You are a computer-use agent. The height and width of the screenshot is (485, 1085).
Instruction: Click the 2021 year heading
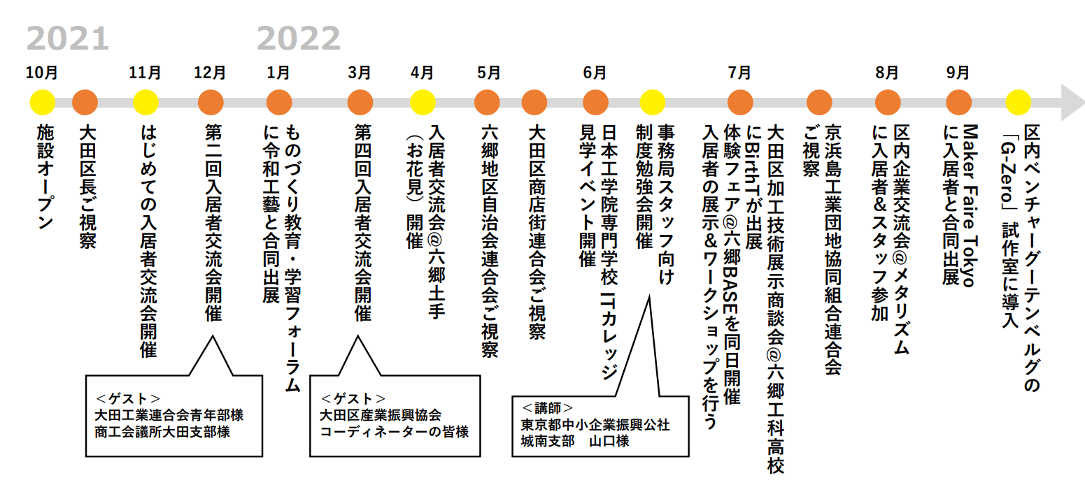(x=68, y=38)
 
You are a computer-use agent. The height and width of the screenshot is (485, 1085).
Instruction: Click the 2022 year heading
(x=299, y=38)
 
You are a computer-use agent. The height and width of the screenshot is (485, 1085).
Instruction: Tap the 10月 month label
(x=42, y=73)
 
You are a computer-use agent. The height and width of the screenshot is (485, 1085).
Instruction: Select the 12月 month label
(x=210, y=73)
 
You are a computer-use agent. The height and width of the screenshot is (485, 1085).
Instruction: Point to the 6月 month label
(x=595, y=73)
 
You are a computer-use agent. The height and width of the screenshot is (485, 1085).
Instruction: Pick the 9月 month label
(x=958, y=73)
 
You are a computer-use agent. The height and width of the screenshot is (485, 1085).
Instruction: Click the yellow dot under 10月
(x=43, y=103)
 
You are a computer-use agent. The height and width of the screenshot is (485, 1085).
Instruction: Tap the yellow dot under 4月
(x=423, y=103)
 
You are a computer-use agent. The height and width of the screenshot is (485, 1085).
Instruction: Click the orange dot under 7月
(x=740, y=103)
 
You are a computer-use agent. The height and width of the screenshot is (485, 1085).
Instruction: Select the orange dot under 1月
(x=279, y=103)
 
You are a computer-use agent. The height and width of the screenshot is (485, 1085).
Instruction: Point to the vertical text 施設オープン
(x=45, y=177)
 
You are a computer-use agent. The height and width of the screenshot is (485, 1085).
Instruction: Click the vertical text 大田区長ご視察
(x=87, y=187)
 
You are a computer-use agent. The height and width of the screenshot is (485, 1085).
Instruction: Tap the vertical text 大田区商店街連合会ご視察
(x=537, y=232)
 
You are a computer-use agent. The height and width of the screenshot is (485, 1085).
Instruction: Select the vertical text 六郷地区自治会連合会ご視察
(x=490, y=241)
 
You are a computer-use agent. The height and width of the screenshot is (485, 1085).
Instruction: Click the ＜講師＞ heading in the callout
(x=547, y=408)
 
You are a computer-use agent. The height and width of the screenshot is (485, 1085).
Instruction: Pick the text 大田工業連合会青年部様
(x=169, y=415)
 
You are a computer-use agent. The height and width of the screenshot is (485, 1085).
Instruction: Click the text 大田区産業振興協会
(x=381, y=415)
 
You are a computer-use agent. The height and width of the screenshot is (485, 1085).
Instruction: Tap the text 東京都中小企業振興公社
(x=595, y=425)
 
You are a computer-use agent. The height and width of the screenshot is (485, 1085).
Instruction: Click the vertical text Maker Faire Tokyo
(x=970, y=205)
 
